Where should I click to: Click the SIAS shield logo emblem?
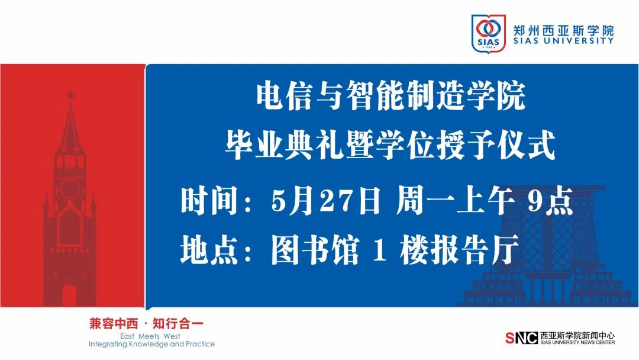(x=488, y=33)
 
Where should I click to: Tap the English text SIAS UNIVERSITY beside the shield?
(x=563, y=41)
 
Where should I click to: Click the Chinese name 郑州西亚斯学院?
(x=563, y=30)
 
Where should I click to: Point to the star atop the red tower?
(x=70, y=95)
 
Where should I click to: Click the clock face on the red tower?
(x=70, y=188)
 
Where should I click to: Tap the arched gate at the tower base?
(x=69, y=295)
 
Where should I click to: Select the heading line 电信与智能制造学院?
(x=391, y=96)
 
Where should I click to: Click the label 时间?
(x=209, y=201)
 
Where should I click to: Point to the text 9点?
(x=551, y=201)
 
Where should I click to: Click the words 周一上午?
(x=455, y=201)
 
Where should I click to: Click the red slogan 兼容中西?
(x=114, y=324)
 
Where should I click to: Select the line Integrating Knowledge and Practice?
(x=151, y=344)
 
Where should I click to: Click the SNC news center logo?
(x=521, y=337)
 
